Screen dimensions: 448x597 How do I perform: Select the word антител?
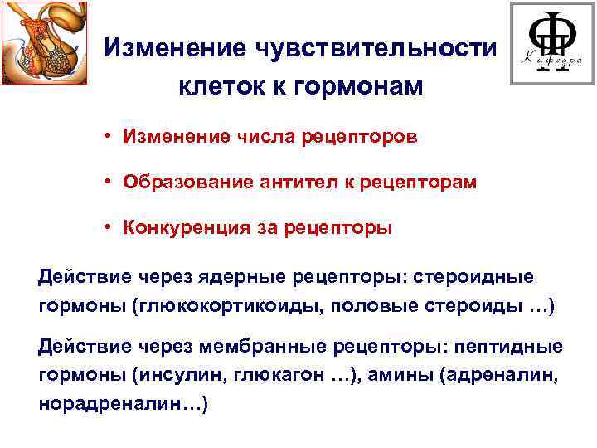pyautogui.click(x=274, y=183)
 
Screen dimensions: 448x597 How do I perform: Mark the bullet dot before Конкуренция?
pyautogui.click(x=109, y=228)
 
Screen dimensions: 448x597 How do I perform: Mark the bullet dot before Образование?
pyautogui.click(x=109, y=183)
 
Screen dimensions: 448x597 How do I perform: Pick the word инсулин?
pyautogui.click(x=177, y=375)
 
